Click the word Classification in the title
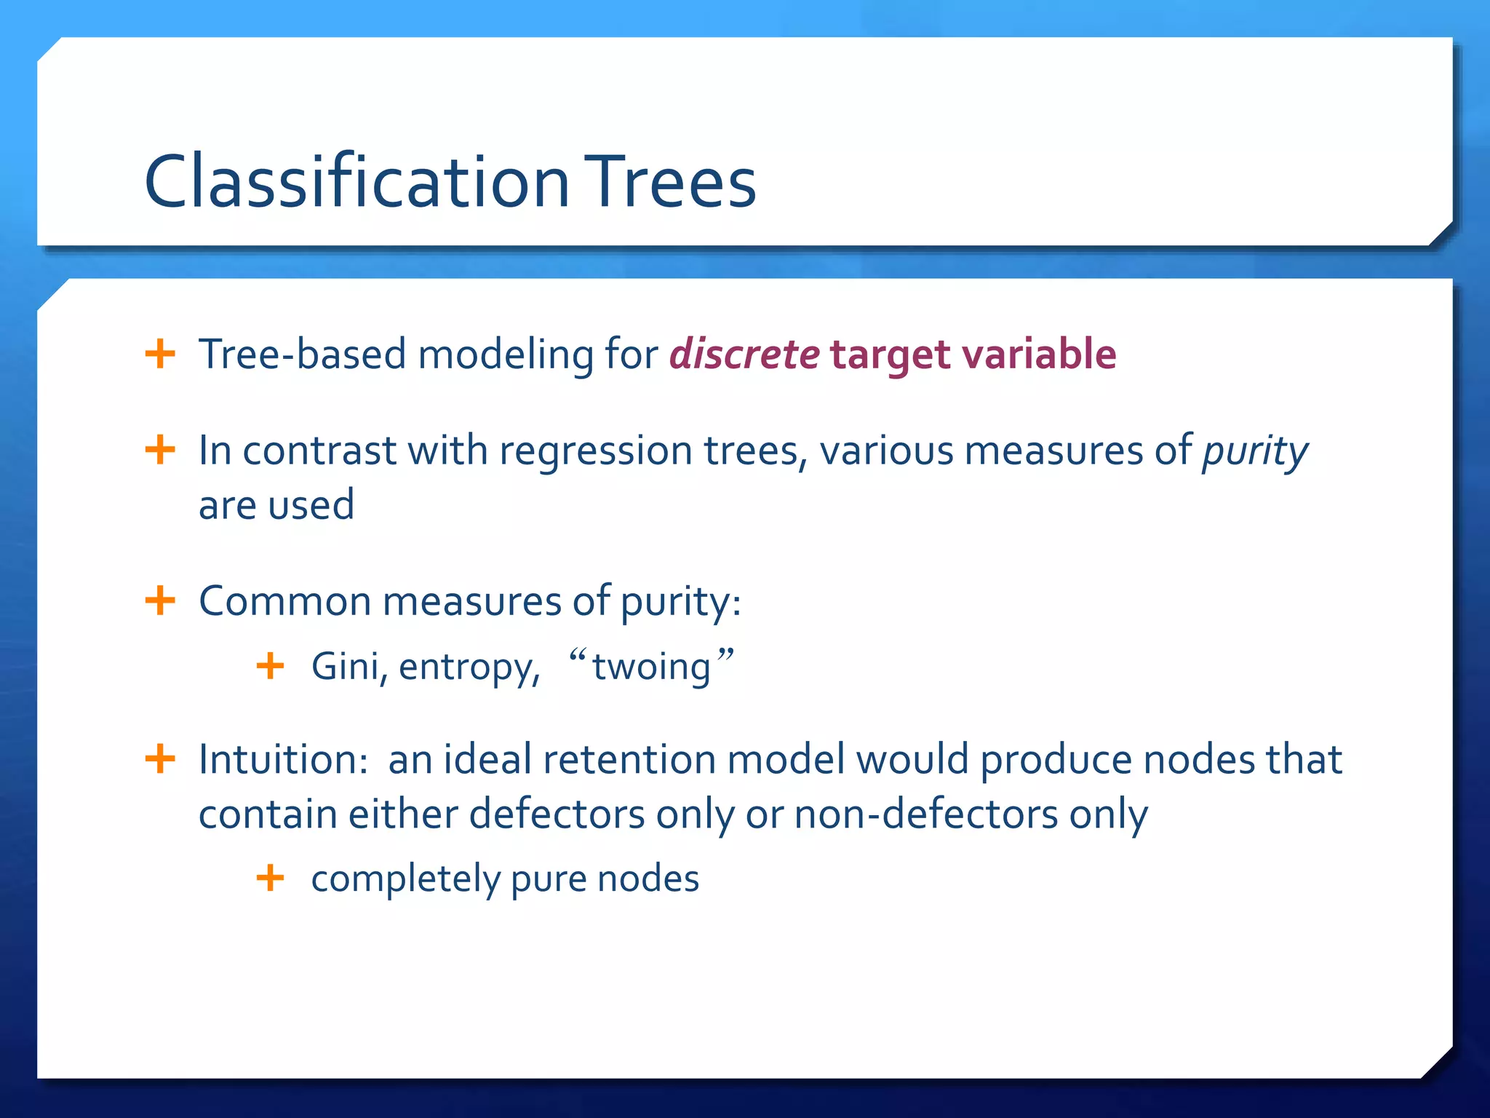[x=356, y=182]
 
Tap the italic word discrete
[x=744, y=354]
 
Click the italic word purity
[x=1254, y=452]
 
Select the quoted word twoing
[x=651, y=667]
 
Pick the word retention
[x=629, y=760]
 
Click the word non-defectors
[x=925, y=814]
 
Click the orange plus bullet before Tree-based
[x=160, y=354]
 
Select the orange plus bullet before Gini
[x=270, y=666]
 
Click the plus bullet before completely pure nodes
[x=270, y=878]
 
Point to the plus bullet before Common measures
[x=160, y=601]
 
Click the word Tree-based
[x=302, y=354]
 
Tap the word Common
[x=284, y=602]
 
